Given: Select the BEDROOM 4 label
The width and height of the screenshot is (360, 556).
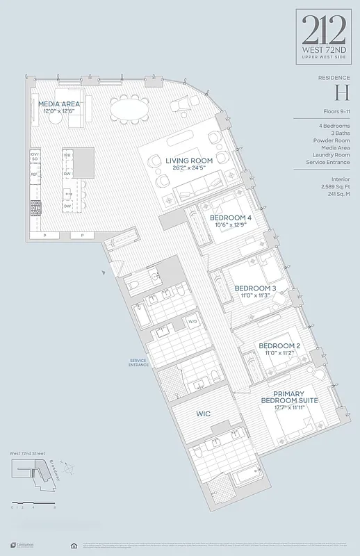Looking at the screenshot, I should pyautogui.click(x=230, y=217).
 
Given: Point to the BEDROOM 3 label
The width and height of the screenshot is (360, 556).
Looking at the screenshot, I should pyautogui.click(x=255, y=288).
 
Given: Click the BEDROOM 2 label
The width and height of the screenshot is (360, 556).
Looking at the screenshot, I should pyautogui.click(x=279, y=345).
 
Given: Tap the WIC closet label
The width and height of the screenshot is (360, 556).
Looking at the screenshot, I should pyautogui.click(x=203, y=414).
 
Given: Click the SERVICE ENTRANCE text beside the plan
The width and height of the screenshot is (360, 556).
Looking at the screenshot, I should pyautogui.click(x=139, y=363).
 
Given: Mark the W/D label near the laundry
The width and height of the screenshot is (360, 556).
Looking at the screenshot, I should pyautogui.click(x=193, y=321).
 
